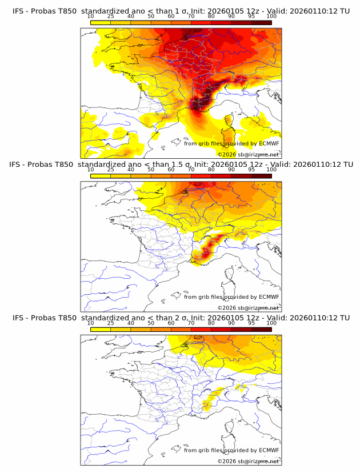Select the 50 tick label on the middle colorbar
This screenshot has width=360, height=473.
(151, 170)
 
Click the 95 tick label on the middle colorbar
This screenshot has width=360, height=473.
(251, 170)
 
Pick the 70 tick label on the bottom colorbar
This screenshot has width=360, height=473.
(191, 323)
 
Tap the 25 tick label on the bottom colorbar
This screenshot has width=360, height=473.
(111, 323)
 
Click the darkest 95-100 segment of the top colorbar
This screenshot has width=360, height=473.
(261, 23)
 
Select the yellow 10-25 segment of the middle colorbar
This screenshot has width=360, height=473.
(101, 175)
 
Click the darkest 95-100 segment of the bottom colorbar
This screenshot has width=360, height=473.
(261, 328)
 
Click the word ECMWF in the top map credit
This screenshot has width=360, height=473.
(269, 144)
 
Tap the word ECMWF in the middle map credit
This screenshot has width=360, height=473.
(269, 297)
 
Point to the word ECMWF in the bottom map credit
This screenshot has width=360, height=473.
(269, 450)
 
